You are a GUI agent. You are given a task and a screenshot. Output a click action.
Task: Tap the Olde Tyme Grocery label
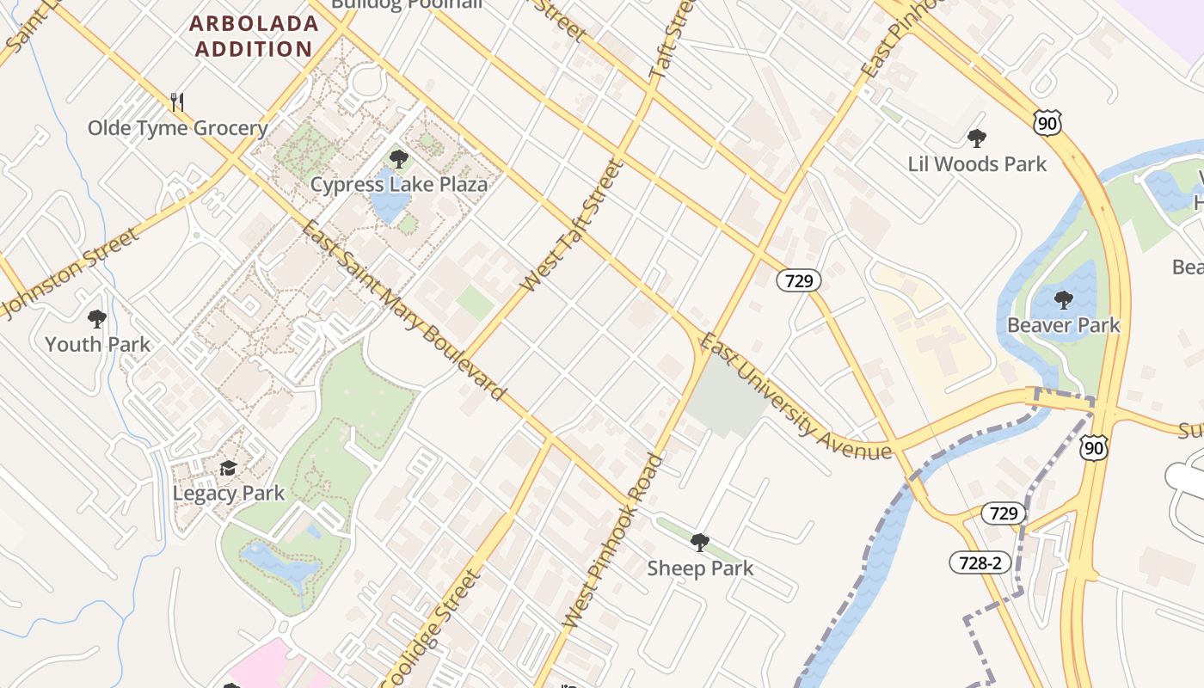178,128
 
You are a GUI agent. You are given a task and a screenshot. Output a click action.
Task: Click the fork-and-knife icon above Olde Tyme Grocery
177,102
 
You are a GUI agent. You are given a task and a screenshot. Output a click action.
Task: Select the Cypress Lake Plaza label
399,184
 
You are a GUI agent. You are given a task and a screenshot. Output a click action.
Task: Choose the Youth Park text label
97,345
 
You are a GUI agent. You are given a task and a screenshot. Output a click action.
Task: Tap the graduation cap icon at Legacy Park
228,469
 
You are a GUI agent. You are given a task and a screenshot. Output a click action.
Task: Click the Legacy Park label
228,494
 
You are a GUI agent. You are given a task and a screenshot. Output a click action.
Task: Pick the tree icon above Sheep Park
700,543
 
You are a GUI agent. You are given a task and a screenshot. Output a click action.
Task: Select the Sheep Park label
700,568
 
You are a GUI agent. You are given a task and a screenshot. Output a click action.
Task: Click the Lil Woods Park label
977,164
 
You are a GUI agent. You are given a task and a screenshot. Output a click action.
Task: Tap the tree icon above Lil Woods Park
977,138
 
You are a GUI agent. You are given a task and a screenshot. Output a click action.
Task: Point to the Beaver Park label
1064,325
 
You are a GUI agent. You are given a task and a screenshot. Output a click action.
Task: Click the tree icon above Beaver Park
1064,300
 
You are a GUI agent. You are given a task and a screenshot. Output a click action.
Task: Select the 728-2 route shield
980,562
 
